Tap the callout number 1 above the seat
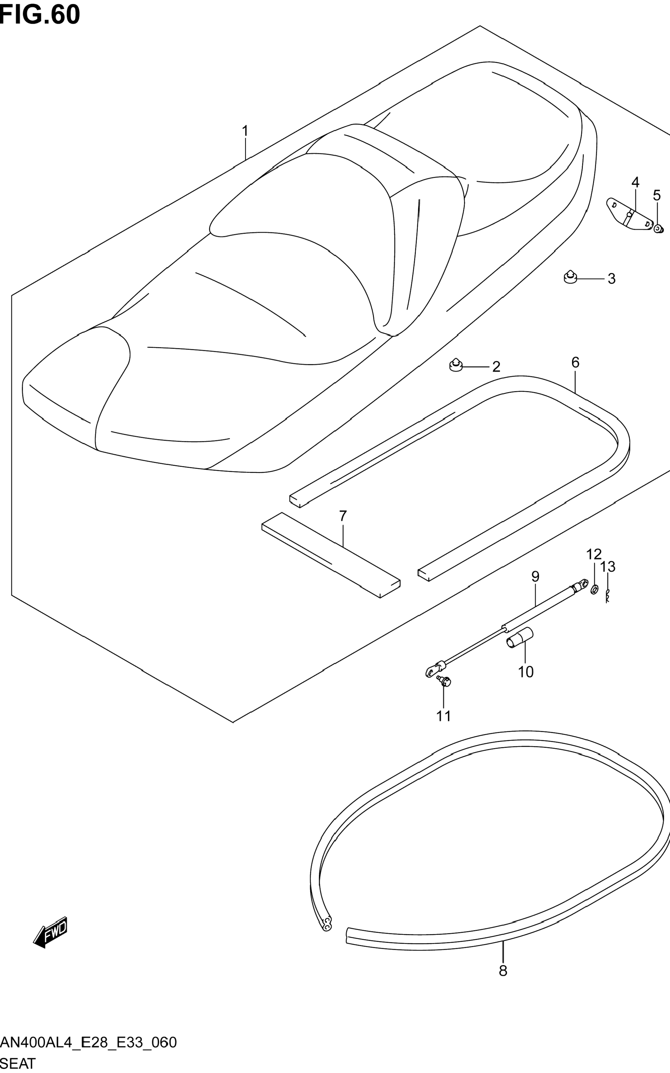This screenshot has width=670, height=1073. coord(245,131)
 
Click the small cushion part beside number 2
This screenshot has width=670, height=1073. coord(456,365)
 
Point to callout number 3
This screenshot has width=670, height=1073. coord(612,279)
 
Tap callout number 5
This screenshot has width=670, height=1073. coord(657,195)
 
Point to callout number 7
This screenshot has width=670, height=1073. coord(342,516)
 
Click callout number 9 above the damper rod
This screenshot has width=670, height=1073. coord(535,576)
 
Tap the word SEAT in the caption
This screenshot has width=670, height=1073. coord(18,1063)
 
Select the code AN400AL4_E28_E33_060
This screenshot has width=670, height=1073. coord(88,1042)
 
